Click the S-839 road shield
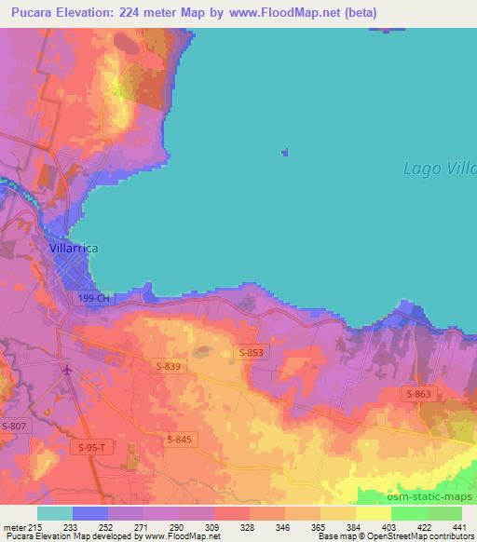[x=170, y=367]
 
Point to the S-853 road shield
[x=252, y=352]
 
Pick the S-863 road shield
[x=418, y=395]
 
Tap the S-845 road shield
[x=180, y=439]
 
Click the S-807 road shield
[x=13, y=426]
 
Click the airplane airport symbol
[x=67, y=371]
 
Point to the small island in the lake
[x=284, y=153]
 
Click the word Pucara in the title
[x=34, y=14]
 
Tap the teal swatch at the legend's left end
[x=55, y=513]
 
